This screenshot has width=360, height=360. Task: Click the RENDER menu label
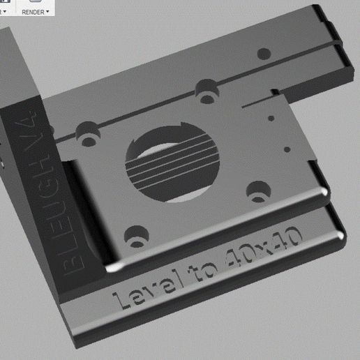point(33,12)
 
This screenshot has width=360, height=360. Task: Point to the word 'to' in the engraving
point(202,272)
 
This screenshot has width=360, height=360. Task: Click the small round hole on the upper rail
point(263,52)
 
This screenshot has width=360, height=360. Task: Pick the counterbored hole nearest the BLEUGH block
point(87,133)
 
